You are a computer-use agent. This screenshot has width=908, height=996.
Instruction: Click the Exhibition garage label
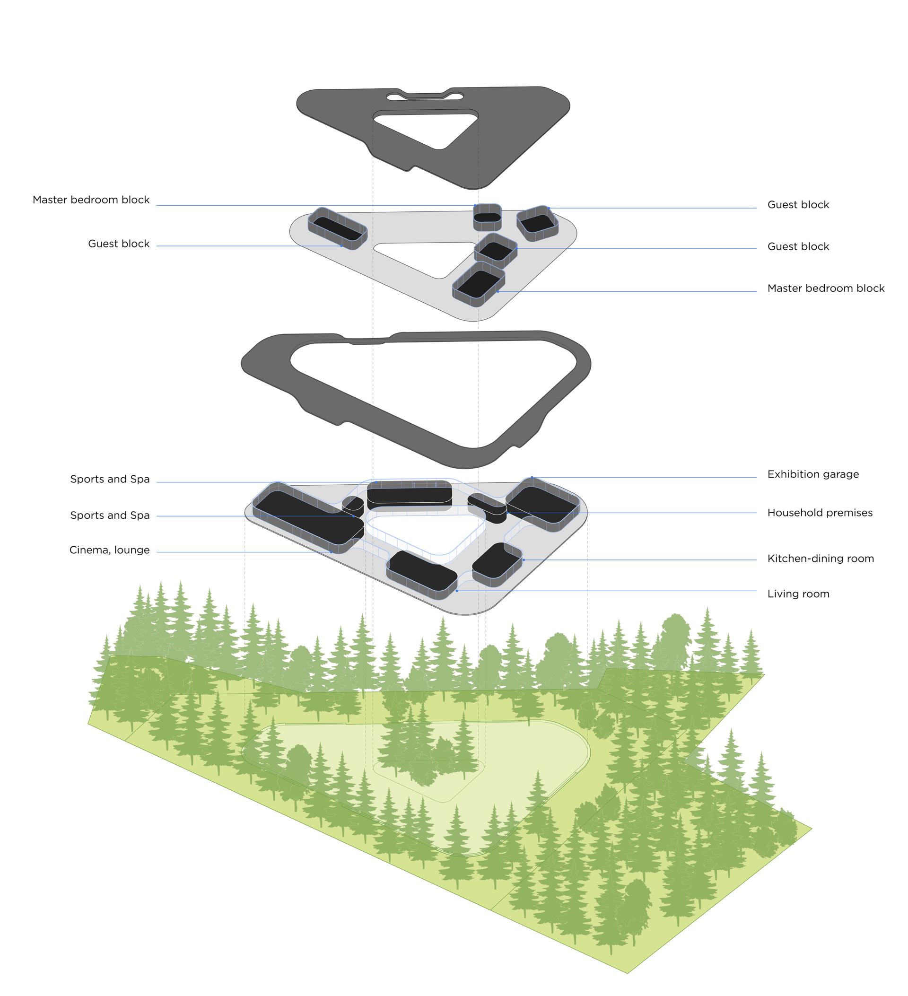[x=812, y=474]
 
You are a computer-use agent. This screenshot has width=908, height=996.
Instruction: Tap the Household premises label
[x=820, y=513]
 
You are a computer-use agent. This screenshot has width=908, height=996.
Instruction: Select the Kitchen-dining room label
[x=820, y=559]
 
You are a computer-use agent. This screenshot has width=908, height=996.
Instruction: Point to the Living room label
[x=798, y=594]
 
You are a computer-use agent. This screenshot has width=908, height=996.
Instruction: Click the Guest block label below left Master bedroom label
[x=119, y=244]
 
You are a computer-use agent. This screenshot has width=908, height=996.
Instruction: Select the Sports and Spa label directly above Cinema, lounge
[x=110, y=515]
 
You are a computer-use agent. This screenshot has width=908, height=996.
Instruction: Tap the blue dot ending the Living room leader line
[x=457, y=591]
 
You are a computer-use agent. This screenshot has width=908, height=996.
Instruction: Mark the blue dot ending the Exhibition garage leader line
[x=532, y=477]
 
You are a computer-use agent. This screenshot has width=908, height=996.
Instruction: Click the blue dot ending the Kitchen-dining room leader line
[x=524, y=560]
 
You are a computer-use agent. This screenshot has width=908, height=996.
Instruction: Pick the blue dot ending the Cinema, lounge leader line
[x=331, y=552]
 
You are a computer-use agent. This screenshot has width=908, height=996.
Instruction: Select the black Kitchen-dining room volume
[x=498, y=564]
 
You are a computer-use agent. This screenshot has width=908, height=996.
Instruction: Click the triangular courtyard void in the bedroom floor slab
[x=425, y=257]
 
